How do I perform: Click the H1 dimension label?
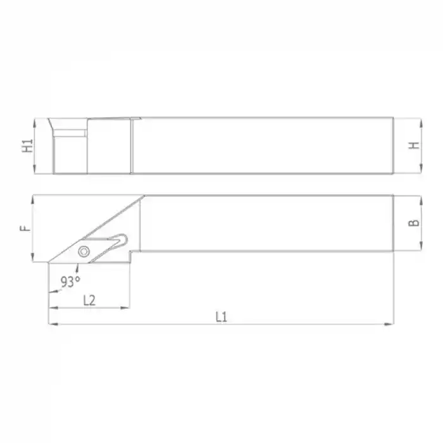click(x=27, y=145)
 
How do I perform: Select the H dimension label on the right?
click(x=413, y=145)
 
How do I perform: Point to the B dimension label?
click(x=413, y=223)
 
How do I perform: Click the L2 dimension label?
click(x=89, y=300)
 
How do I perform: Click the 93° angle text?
click(x=70, y=280)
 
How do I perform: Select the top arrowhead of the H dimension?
click(x=420, y=120)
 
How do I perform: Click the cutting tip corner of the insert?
click(x=49, y=262)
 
